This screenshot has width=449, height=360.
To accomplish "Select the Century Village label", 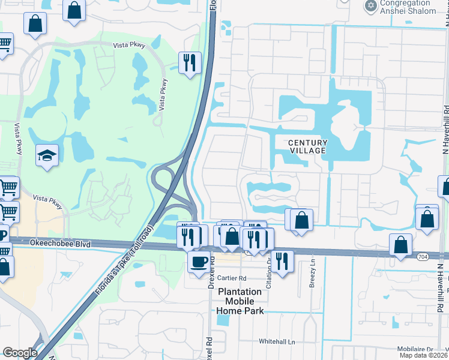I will point(309,146).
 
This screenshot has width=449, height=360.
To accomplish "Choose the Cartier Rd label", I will point(232,278).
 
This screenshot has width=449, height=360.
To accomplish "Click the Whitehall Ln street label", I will point(277,341).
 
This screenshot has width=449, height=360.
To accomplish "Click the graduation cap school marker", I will point(47,155).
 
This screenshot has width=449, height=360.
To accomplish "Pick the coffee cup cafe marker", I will point(199,261).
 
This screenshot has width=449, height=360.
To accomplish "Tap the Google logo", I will point(20,353).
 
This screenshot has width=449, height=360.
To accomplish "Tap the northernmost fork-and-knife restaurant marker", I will point(190,62).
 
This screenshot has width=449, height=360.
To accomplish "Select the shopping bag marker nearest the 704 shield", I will point(400,245).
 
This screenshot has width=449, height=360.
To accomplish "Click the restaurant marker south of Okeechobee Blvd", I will point(283,260).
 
